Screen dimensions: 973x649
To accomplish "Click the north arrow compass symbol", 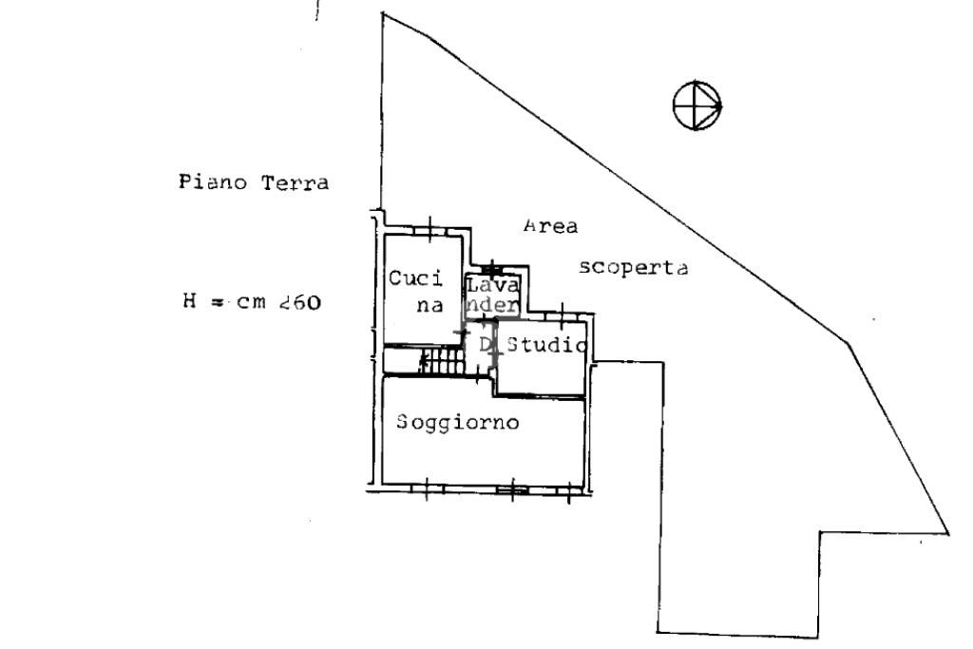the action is point(697,105).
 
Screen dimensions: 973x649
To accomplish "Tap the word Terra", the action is point(296,182).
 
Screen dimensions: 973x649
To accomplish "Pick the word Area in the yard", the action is point(552,226).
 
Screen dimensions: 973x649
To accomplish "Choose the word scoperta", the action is point(634,268).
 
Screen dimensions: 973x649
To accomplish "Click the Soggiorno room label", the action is point(459,422).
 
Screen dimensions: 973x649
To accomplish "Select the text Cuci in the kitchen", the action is point(416,279).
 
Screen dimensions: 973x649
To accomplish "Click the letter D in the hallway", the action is point(485,344).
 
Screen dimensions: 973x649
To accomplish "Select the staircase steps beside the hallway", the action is point(440,360).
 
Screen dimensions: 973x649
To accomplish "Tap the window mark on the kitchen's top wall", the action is point(430,229).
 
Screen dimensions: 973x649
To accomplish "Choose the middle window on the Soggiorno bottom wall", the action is point(514,490).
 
